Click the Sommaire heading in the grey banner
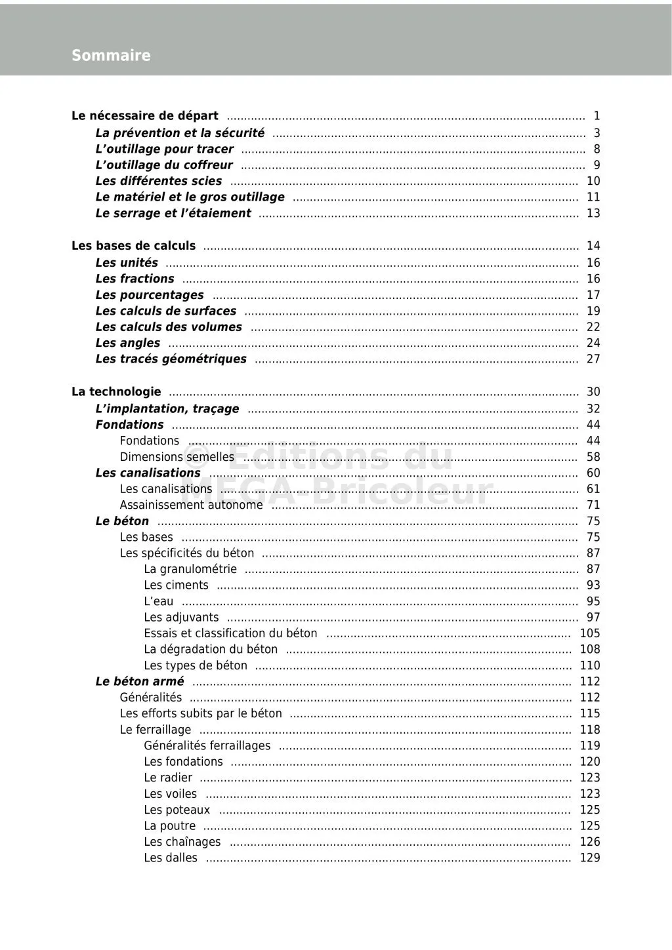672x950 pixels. click(111, 56)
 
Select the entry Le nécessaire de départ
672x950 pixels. click(145, 116)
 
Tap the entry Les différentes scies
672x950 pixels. click(159, 181)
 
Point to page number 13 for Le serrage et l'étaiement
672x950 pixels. click(593, 213)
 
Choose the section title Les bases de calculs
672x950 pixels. click(133, 246)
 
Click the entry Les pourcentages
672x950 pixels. click(150, 295)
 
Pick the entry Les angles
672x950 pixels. click(128, 343)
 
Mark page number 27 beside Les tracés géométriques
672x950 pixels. click(593, 359)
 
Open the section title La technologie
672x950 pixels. click(116, 391)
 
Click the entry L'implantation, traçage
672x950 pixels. click(167, 408)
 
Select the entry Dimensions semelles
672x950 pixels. click(177, 457)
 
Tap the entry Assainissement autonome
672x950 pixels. click(191, 505)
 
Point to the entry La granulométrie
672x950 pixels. click(190, 569)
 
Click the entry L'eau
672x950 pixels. click(159, 601)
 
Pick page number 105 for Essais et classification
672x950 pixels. click(590, 633)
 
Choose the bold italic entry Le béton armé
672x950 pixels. click(140, 681)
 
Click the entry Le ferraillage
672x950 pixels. click(156, 730)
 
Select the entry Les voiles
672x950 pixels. click(170, 794)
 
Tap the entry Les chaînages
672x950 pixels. click(182, 842)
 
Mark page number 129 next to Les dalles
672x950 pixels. click(590, 858)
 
